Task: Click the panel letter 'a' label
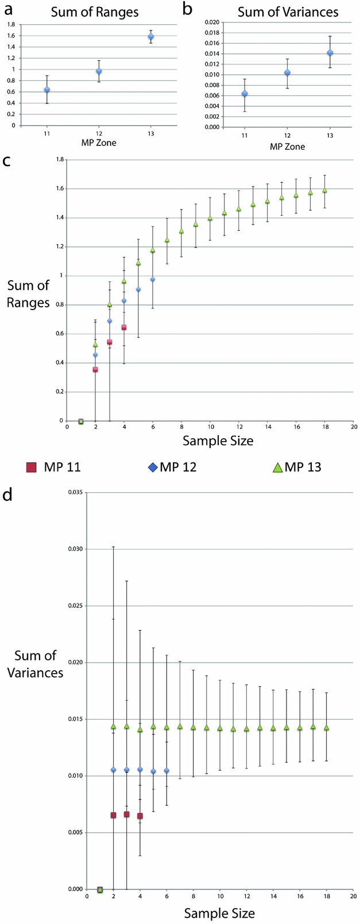pyautogui.click(x=7, y=10)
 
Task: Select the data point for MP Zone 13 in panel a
pyautogui.click(x=151, y=37)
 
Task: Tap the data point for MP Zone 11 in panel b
pyautogui.click(x=245, y=94)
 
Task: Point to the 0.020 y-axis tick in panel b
pyautogui.click(x=211, y=22)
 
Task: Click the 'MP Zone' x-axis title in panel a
pyautogui.click(x=98, y=142)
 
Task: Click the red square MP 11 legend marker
pyautogui.click(x=32, y=467)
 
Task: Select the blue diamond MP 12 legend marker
pyautogui.click(x=152, y=467)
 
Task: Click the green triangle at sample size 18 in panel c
pyautogui.click(x=325, y=190)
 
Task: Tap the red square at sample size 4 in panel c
pyautogui.click(x=123, y=327)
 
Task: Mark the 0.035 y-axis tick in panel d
pyautogui.click(x=75, y=493)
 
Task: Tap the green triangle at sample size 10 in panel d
pyautogui.click(x=219, y=728)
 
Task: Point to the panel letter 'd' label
pyautogui.click(x=7, y=495)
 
